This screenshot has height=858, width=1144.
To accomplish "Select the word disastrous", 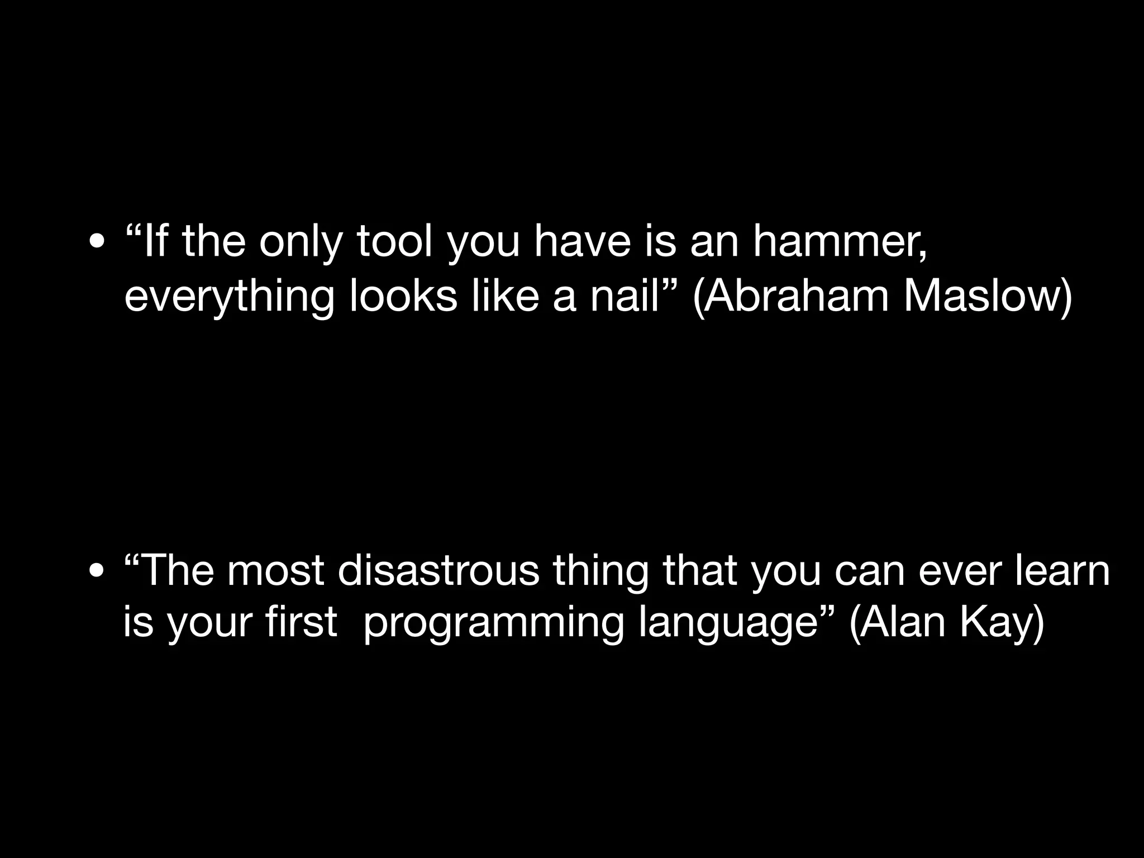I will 438,571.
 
